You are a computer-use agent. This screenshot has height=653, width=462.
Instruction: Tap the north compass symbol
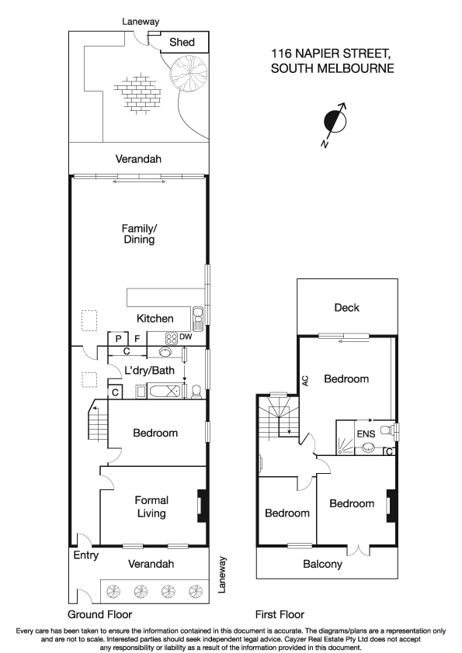(x=334, y=123)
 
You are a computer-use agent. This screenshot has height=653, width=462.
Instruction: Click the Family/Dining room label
(x=139, y=234)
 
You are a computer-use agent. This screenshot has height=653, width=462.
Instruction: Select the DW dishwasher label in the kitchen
(x=186, y=337)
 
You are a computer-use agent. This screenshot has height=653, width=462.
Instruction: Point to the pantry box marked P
(x=118, y=338)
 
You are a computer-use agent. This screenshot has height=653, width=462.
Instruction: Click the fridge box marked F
(x=137, y=338)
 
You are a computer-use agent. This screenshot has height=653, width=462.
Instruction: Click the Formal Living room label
(x=151, y=506)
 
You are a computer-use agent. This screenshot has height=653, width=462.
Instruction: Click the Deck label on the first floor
(x=346, y=308)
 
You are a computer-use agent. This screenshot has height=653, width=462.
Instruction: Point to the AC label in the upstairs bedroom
(x=306, y=381)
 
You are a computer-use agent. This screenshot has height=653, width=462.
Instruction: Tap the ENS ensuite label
(x=366, y=434)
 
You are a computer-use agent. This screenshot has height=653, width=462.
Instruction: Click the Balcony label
(x=323, y=565)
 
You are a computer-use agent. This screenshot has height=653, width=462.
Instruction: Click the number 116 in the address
(x=282, y=54)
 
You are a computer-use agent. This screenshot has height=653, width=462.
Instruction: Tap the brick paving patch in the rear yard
(x=141, y=92)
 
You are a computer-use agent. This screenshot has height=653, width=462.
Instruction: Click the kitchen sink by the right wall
(x=198, y=314)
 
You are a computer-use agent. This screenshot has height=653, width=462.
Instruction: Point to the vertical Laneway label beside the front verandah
(x=224, y=575)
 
